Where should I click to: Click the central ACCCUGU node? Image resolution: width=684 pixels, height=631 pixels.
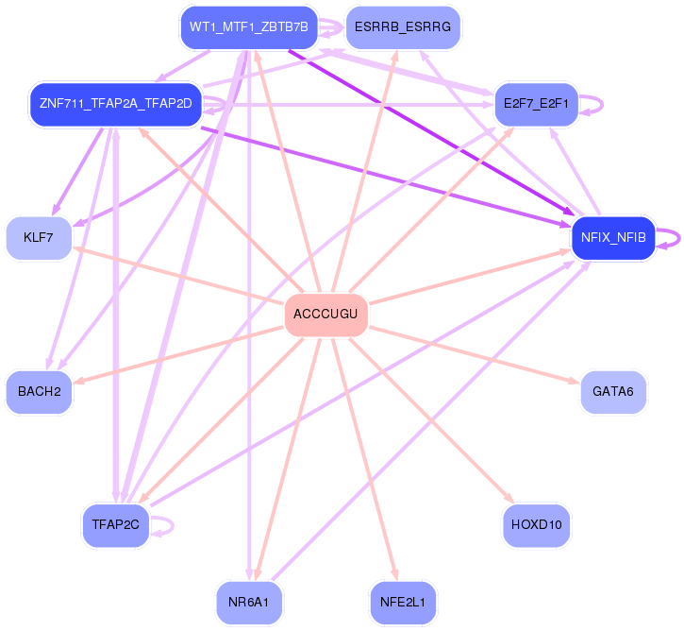325,315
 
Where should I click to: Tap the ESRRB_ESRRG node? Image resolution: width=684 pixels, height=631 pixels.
403,27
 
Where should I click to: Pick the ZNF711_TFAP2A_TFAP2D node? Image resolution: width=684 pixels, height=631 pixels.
115,102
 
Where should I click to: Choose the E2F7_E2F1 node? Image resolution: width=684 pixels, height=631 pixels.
535,103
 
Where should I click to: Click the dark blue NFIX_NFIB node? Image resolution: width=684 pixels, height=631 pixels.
613,238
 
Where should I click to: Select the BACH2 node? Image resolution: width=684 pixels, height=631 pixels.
39,390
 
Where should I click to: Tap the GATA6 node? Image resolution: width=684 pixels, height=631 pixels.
613,390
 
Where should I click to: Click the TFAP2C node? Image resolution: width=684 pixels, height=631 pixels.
115,524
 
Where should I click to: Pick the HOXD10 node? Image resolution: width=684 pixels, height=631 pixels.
536,524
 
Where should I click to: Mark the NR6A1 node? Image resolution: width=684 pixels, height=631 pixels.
249,601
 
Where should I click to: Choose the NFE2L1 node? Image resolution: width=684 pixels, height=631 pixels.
403,601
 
